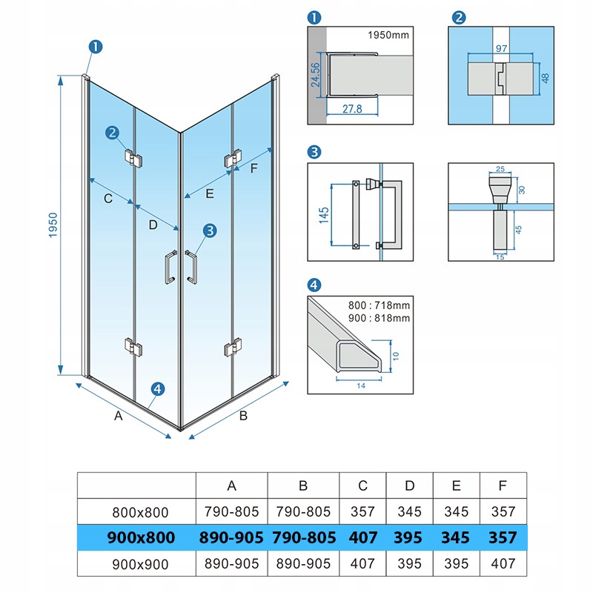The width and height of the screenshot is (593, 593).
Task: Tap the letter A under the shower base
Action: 118,417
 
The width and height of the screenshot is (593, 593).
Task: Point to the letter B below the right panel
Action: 243,416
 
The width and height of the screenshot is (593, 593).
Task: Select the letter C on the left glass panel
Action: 107,199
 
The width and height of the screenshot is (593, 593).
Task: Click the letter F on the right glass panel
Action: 254,168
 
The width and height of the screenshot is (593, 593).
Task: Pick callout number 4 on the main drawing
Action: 157,388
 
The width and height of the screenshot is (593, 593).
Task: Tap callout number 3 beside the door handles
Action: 210,231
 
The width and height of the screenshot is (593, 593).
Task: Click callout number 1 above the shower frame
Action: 96,46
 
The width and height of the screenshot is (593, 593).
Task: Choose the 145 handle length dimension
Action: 323,214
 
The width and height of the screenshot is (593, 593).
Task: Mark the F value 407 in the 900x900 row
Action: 503,563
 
